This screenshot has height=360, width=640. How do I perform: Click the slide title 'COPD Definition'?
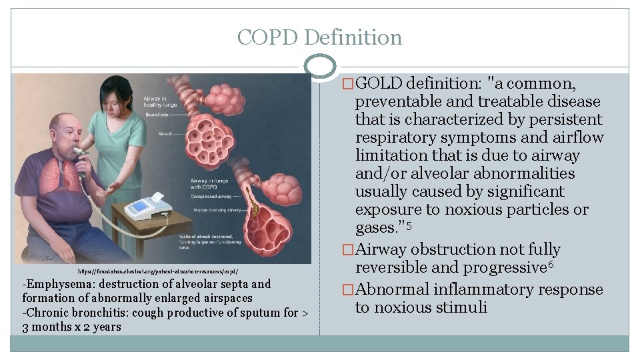tap(319, 37)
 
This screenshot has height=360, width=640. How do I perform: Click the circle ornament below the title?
tap(319, 66)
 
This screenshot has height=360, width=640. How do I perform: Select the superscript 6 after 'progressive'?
tap(551, 265)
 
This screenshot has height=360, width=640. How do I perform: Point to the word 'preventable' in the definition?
tap(395, 102)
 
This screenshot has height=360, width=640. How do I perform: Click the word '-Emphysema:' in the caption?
tap(54, 284)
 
